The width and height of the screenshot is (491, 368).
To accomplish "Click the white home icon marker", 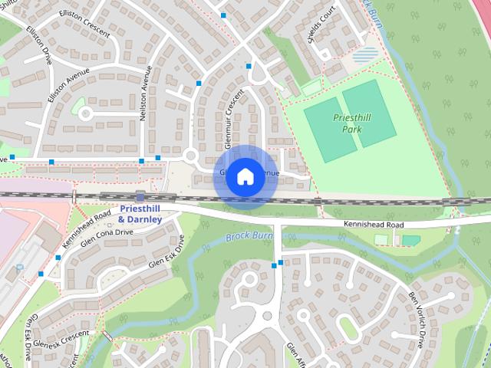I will tap(245, 177).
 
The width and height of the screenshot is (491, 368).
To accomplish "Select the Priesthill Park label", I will tap(352, 123).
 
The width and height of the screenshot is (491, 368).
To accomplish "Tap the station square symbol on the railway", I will tap(140, 195).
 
